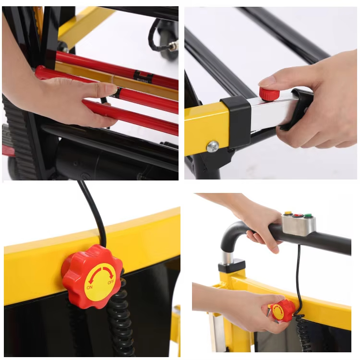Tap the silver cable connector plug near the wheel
tap(173, 46)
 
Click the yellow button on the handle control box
tap(288, 213)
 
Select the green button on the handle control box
tap(308, 216)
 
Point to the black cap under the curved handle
tap(232, 265)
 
